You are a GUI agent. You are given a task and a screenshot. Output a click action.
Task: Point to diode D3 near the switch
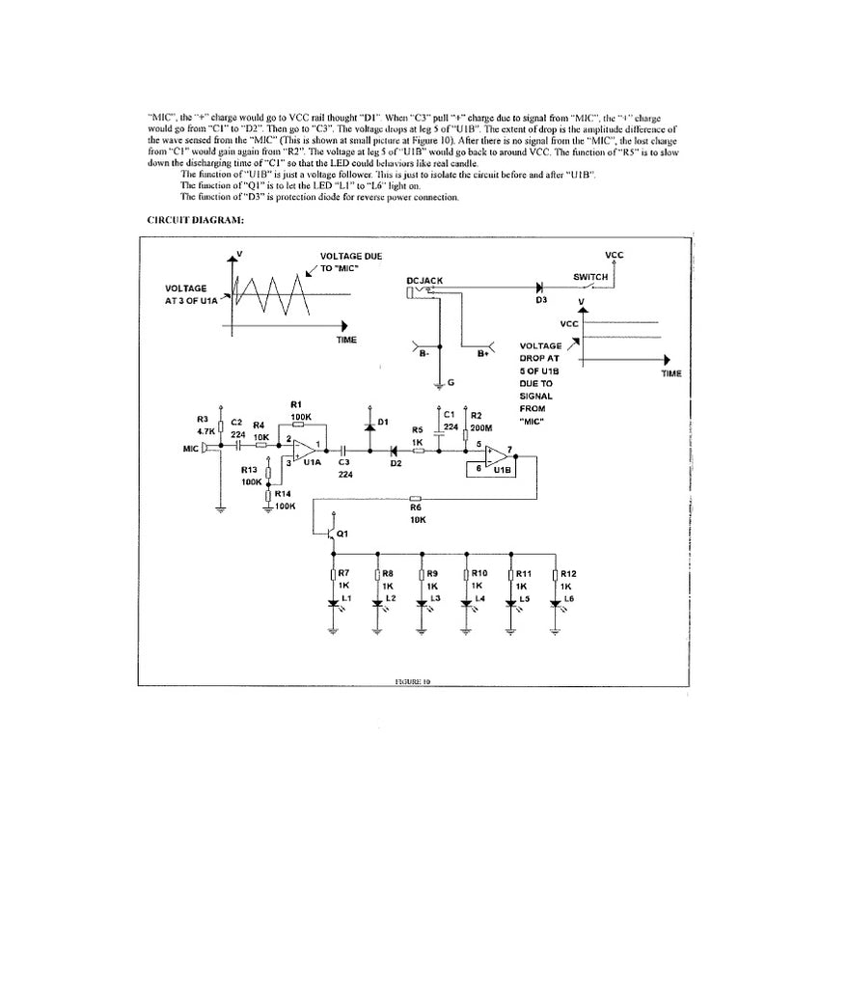click(x=540, y=288)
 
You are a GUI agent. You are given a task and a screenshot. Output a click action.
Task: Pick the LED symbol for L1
click(x=333, y=605)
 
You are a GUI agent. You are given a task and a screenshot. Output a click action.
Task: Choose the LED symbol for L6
click(x=555, y=605)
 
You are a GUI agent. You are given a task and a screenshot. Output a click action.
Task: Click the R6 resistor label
click(x=417, y=507)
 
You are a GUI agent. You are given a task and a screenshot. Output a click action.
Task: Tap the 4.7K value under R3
click(x=205, y=431)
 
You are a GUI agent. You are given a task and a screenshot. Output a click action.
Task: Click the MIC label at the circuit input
click(x=190, y=450)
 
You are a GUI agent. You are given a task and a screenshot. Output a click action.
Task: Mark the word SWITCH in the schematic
click(x=590, y=277)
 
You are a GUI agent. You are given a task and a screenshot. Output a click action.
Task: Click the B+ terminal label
click(x=483, y=355)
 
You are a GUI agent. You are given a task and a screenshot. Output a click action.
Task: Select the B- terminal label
click(x=424, y=355)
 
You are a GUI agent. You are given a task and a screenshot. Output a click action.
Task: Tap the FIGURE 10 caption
click(x=412, y=681)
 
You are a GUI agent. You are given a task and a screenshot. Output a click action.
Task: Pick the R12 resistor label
click(x=568, y=574)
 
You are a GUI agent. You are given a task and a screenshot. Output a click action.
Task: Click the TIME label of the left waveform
click(x=346, y=340)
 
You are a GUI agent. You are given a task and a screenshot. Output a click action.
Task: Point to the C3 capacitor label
click(x=343, y=462)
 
